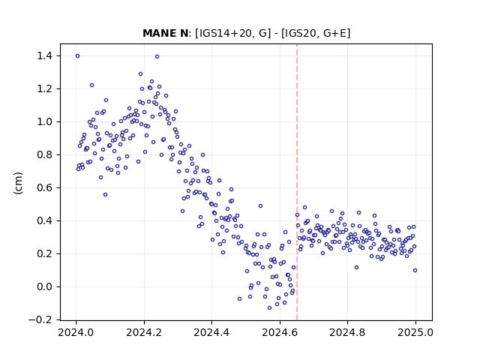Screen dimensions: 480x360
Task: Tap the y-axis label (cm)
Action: pos(18,183)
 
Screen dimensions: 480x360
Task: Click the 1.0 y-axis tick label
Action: pos(44,121)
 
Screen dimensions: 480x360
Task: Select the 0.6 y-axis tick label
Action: pos(44,188)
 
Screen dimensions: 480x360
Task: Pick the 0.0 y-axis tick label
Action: pos(44,286)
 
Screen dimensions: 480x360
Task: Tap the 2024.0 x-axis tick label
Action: pos(76,332)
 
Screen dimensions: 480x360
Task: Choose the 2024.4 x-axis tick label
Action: pos(211,332)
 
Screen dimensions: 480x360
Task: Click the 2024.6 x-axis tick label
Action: pos(280,332)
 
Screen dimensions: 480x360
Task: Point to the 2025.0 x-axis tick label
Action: pos(415,332)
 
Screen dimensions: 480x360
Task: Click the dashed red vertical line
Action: pos(297,182)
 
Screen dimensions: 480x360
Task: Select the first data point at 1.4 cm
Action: pos(78,56)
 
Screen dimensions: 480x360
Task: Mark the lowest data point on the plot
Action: pos(270,308)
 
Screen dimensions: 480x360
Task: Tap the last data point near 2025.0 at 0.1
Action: pos(415,270)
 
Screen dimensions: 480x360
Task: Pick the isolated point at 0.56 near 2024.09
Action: pos(105,195)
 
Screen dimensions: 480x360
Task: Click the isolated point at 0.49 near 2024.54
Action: pos(260,206)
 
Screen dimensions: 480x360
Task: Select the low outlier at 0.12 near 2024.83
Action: pos(357,267)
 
